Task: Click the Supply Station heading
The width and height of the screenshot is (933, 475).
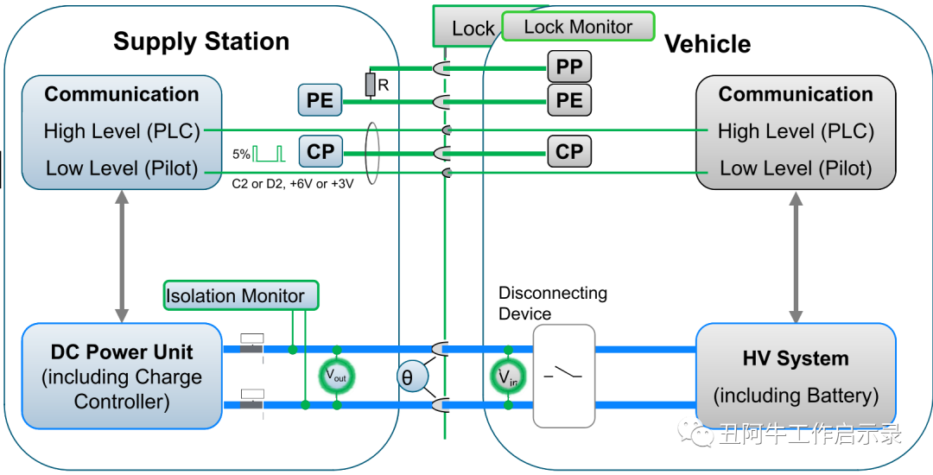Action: (x=200, y=41)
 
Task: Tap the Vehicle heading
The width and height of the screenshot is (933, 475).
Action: (x=707, y=44)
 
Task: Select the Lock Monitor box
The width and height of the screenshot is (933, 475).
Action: (x=578, y=27)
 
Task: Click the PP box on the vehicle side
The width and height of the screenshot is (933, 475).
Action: (x=569, y=67)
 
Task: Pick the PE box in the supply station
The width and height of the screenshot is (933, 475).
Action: (x=320, y=100)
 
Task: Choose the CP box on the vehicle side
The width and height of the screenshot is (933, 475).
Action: (x=569, y=152)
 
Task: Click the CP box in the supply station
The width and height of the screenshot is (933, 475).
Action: (x=320, y=152)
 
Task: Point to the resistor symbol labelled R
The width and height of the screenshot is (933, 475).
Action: (x=370, y=85)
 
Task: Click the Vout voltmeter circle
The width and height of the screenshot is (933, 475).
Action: (x=337, y=376)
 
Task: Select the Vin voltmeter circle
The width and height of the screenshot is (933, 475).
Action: (x=508, y=376)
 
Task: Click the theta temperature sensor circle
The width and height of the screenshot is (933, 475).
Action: (x=407, y=377)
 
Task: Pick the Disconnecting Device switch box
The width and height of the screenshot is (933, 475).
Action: (x=564, y=376)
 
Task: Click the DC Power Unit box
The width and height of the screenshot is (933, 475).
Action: (x=122, y=376)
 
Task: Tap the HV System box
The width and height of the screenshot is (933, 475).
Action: (x=795, y=377)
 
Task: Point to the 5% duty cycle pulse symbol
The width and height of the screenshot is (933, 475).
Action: (x=269, y=154)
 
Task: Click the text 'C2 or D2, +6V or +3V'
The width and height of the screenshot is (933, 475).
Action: (x=293, y=184)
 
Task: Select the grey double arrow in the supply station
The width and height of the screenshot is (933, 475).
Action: (x=122, y=256)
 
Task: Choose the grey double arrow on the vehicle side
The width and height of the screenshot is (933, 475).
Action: (x=795, y=256)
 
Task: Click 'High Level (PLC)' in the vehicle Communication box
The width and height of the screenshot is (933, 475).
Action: (x=796, y=131)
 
